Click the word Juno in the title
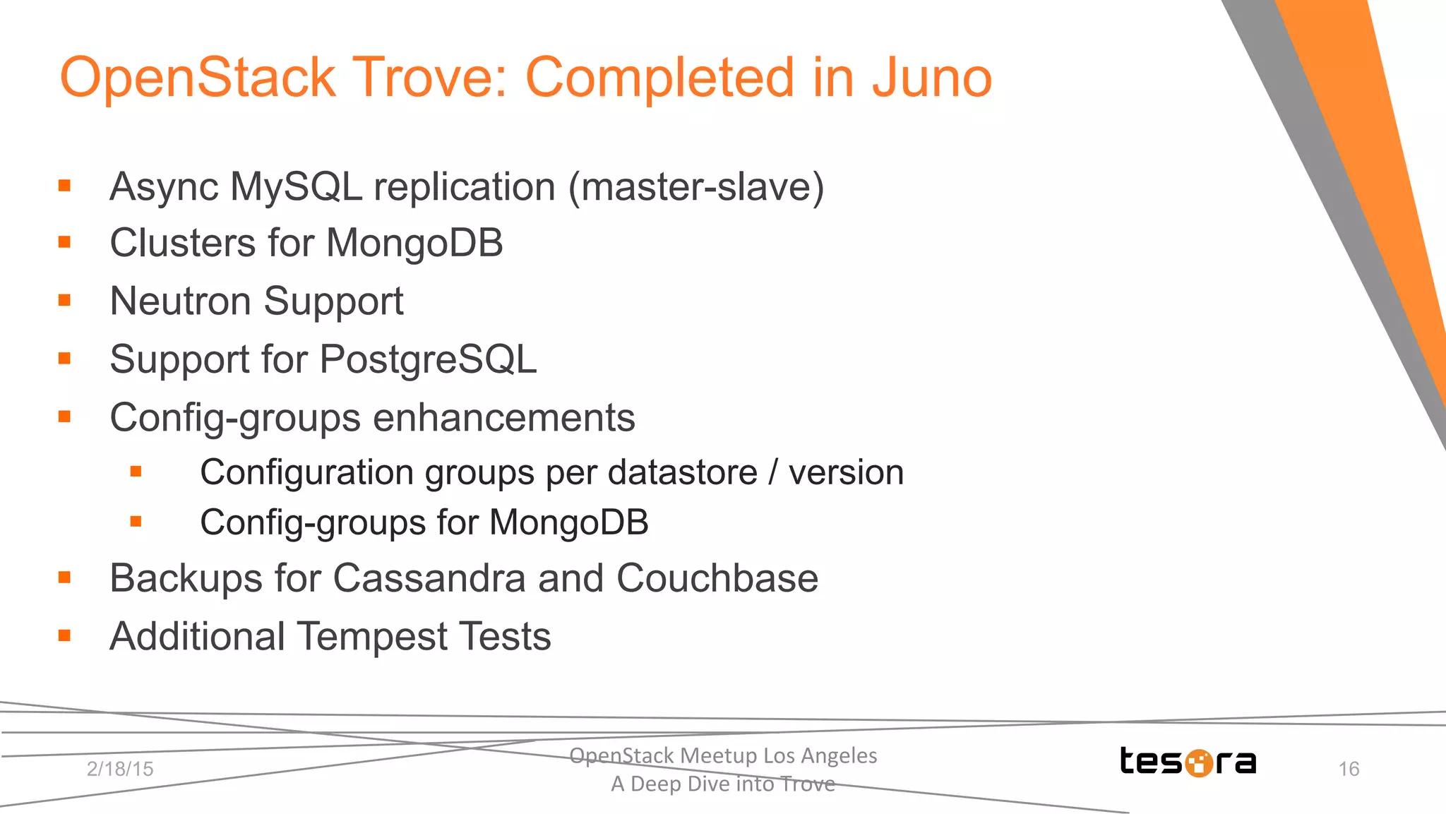pos(931,78)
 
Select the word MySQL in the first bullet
pos(296,188)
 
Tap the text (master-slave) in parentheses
pos(696,188)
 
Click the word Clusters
pos(183,244)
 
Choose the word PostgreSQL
pos(428,360)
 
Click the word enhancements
pos(503,418)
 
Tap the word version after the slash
pos(846,472)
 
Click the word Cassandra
pos(429,578)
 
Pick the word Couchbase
pos(717,578)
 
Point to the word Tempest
pos(372,637)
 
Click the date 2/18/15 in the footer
pos(120,769)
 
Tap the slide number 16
pos(1349,769)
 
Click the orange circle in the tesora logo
pos(1198,763)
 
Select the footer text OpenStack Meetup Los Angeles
pos(723,755)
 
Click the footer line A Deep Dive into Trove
pos(723,784)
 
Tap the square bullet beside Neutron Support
pos(64,300)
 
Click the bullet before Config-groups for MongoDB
pos(136,522)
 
